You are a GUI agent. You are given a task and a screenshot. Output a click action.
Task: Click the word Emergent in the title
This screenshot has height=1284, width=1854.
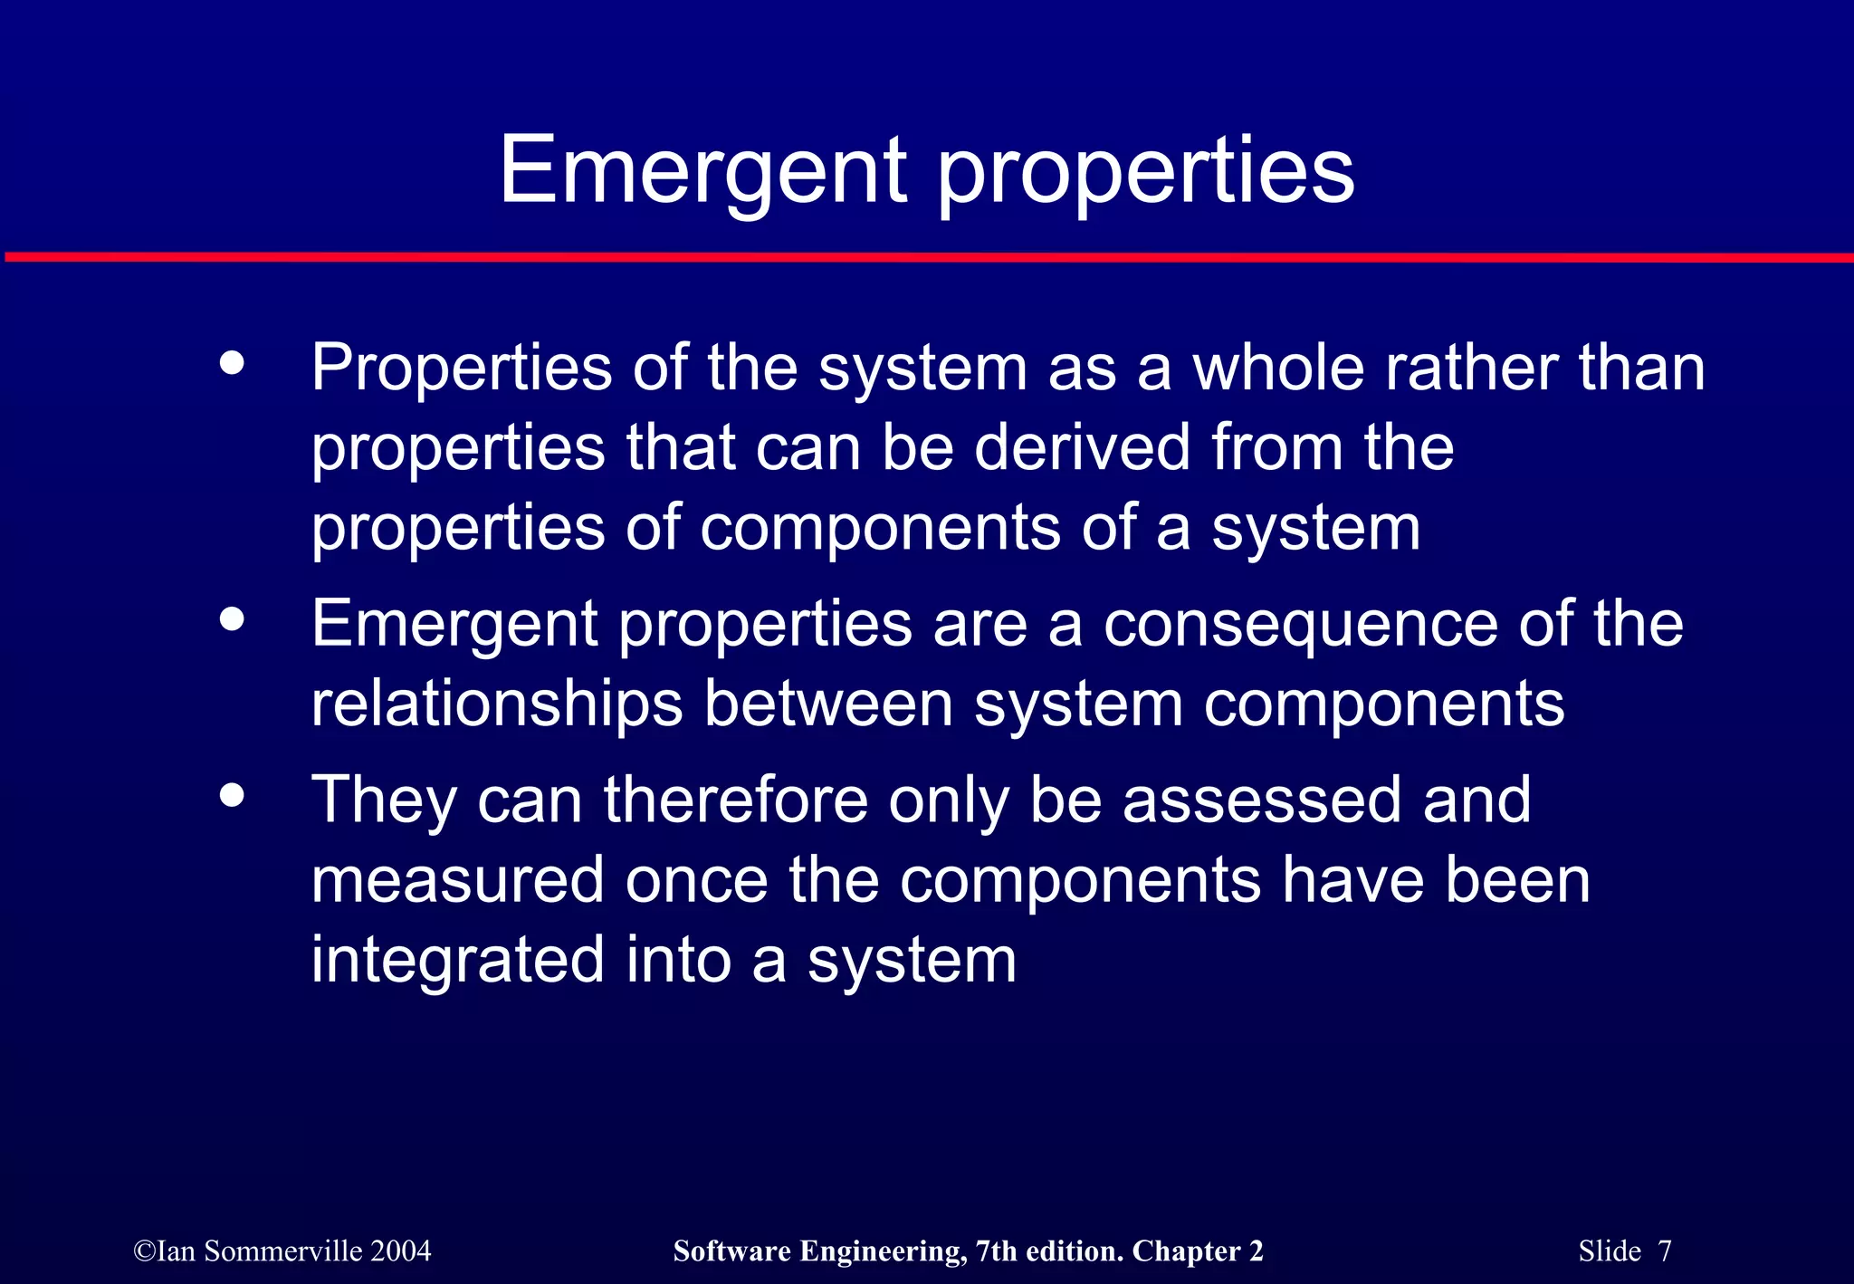click(702, 170)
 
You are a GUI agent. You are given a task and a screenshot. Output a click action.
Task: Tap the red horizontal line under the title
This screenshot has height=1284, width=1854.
click(927, 258)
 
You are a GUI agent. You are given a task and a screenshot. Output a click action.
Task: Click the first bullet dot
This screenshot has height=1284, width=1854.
click(233, 363)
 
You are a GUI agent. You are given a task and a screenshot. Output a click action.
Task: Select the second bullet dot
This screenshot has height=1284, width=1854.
click(233, 619)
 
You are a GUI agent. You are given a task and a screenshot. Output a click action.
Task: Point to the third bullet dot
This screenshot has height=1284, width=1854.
click(233, 795)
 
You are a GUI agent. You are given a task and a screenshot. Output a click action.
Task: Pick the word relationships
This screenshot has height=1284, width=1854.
click(496, 704)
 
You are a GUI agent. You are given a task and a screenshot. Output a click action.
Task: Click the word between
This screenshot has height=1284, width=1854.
click(828, 704)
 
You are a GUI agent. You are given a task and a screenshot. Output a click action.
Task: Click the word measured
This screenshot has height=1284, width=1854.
click(457, 880)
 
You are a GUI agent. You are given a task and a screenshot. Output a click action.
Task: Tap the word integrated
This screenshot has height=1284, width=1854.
click(457, 962)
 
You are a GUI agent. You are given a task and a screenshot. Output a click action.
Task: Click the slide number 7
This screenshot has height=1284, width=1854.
click(1664, 1251)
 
